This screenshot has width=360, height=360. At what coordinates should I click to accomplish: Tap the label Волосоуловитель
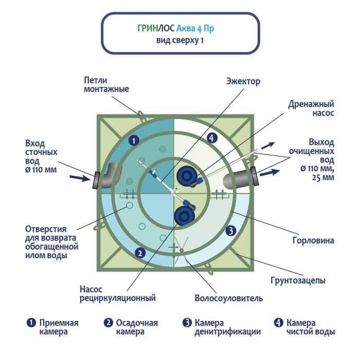(229, 298)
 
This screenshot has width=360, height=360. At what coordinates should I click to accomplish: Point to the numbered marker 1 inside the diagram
(133, 139)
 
